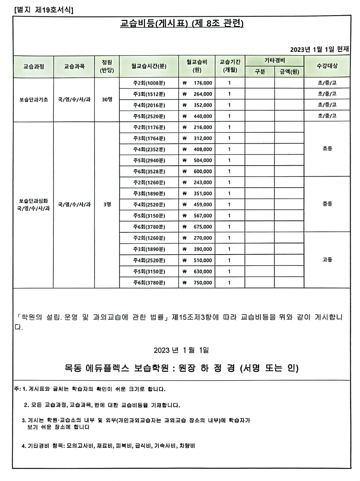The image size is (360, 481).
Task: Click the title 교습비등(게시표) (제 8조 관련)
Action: (x=182, y=24)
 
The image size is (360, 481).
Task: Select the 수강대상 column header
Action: (x=327, y=66)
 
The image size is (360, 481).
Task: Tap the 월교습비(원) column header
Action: (x=197, y=66)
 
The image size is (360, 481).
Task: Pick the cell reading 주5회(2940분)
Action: (x=149, y=160)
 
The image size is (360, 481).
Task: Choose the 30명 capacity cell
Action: (x=107, y=100)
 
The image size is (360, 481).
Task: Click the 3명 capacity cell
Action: (x=107, y=204)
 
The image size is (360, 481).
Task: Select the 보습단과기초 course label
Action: (x=34, y=100)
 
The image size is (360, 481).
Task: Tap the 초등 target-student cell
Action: (x=327, y=149)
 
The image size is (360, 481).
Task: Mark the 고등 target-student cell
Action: (x=327, y=260)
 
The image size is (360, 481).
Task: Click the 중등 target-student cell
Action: (x=327, y=204)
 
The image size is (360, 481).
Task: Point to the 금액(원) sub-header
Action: (x=289, y=72)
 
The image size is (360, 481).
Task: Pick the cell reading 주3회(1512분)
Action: (x=149, y=94)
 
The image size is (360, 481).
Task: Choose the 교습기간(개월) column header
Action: (x=230, y=66)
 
